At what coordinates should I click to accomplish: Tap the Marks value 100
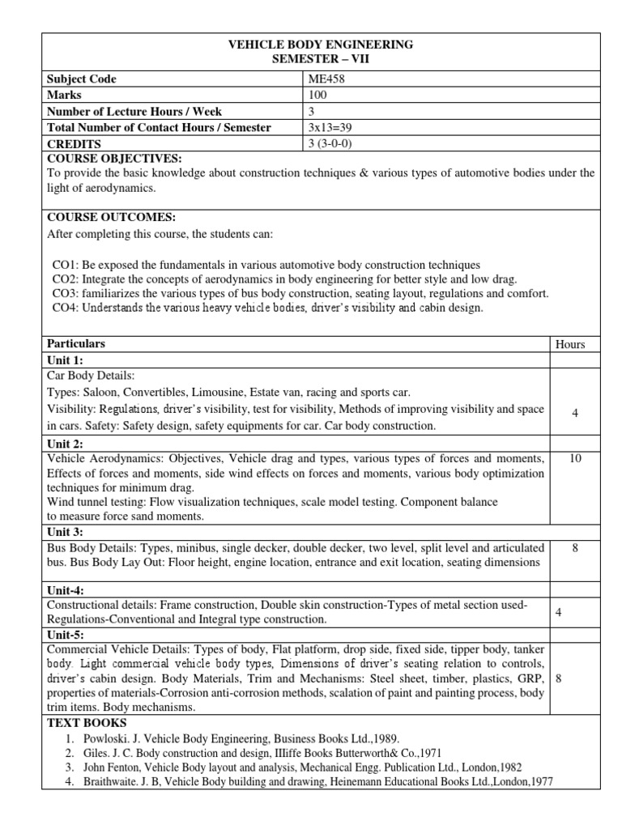[317, 96]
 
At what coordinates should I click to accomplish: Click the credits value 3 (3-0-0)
[331, 144]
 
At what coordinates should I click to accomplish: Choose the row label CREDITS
[75, 144]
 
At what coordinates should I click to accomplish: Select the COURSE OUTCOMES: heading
[111, 218]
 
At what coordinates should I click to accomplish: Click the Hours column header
[570, 344]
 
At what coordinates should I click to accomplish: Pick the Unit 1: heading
[66, 360]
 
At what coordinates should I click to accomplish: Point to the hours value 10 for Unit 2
[575, 459]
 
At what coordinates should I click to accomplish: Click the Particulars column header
[76, 344]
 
